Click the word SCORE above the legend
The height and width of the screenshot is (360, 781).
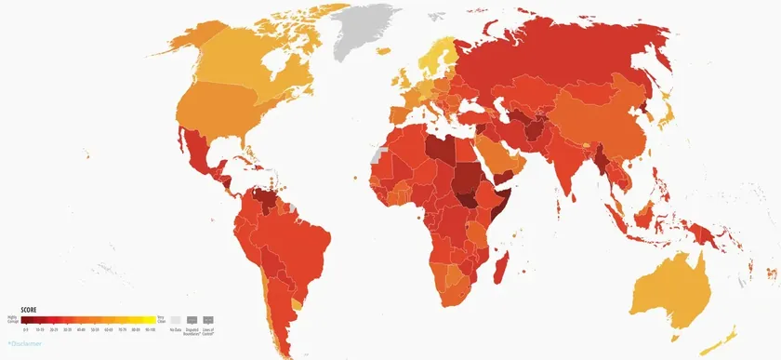point(29,309)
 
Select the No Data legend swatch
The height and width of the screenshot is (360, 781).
point(175,318)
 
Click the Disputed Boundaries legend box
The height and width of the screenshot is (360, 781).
point(192,318)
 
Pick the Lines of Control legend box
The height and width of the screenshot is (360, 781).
point(208,318)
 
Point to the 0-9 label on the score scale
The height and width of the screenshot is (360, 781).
point(28,328)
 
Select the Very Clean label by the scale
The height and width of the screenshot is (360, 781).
point(162,318)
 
